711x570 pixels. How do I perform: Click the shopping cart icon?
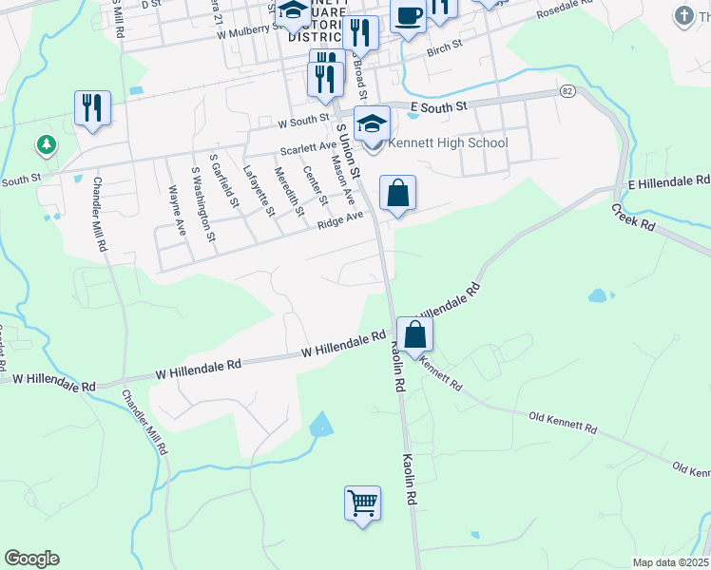pos(362,503)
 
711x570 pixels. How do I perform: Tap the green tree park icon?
pos(45,145)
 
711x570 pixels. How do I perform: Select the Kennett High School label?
pos(448,143)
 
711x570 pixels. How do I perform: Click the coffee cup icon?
pos(408,17)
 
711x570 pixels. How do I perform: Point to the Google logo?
pos(31,559)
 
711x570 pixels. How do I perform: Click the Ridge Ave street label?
pos(340,218)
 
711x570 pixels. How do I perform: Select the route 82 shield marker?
pos(567,90)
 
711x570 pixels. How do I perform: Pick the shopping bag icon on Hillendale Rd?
pos(414,334)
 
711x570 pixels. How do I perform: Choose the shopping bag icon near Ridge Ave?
pos(398,193)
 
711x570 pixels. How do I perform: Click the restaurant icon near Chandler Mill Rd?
pos(92,107)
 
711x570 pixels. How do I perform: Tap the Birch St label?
pos(444,47)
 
